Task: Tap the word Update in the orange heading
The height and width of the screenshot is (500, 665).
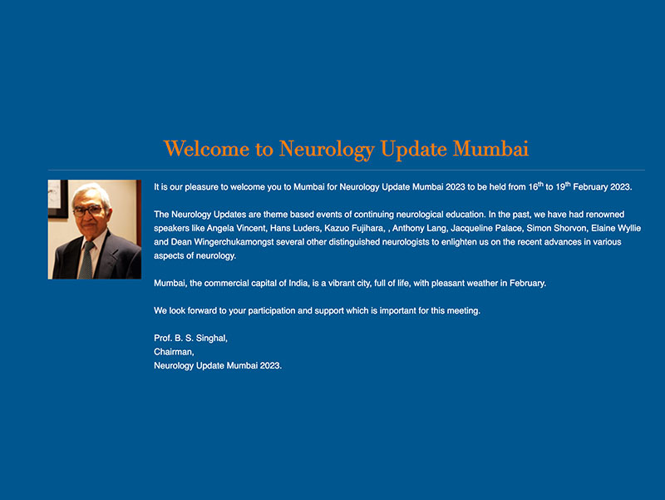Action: coord(412,149)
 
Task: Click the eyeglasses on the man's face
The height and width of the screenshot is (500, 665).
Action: coord(88,210)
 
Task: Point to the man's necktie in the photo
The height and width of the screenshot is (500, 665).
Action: coord(86,259)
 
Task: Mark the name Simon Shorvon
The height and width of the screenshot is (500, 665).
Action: coord(557,228)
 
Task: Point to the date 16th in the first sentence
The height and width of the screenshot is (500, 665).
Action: coord(536,186)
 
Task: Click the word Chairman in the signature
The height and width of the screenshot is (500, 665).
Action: coord(173,352)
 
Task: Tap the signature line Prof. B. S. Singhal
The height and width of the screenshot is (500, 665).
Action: coord(190,339)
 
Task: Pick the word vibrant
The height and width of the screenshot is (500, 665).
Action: coord(346,284)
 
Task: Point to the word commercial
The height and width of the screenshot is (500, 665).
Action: coord(228,284)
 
